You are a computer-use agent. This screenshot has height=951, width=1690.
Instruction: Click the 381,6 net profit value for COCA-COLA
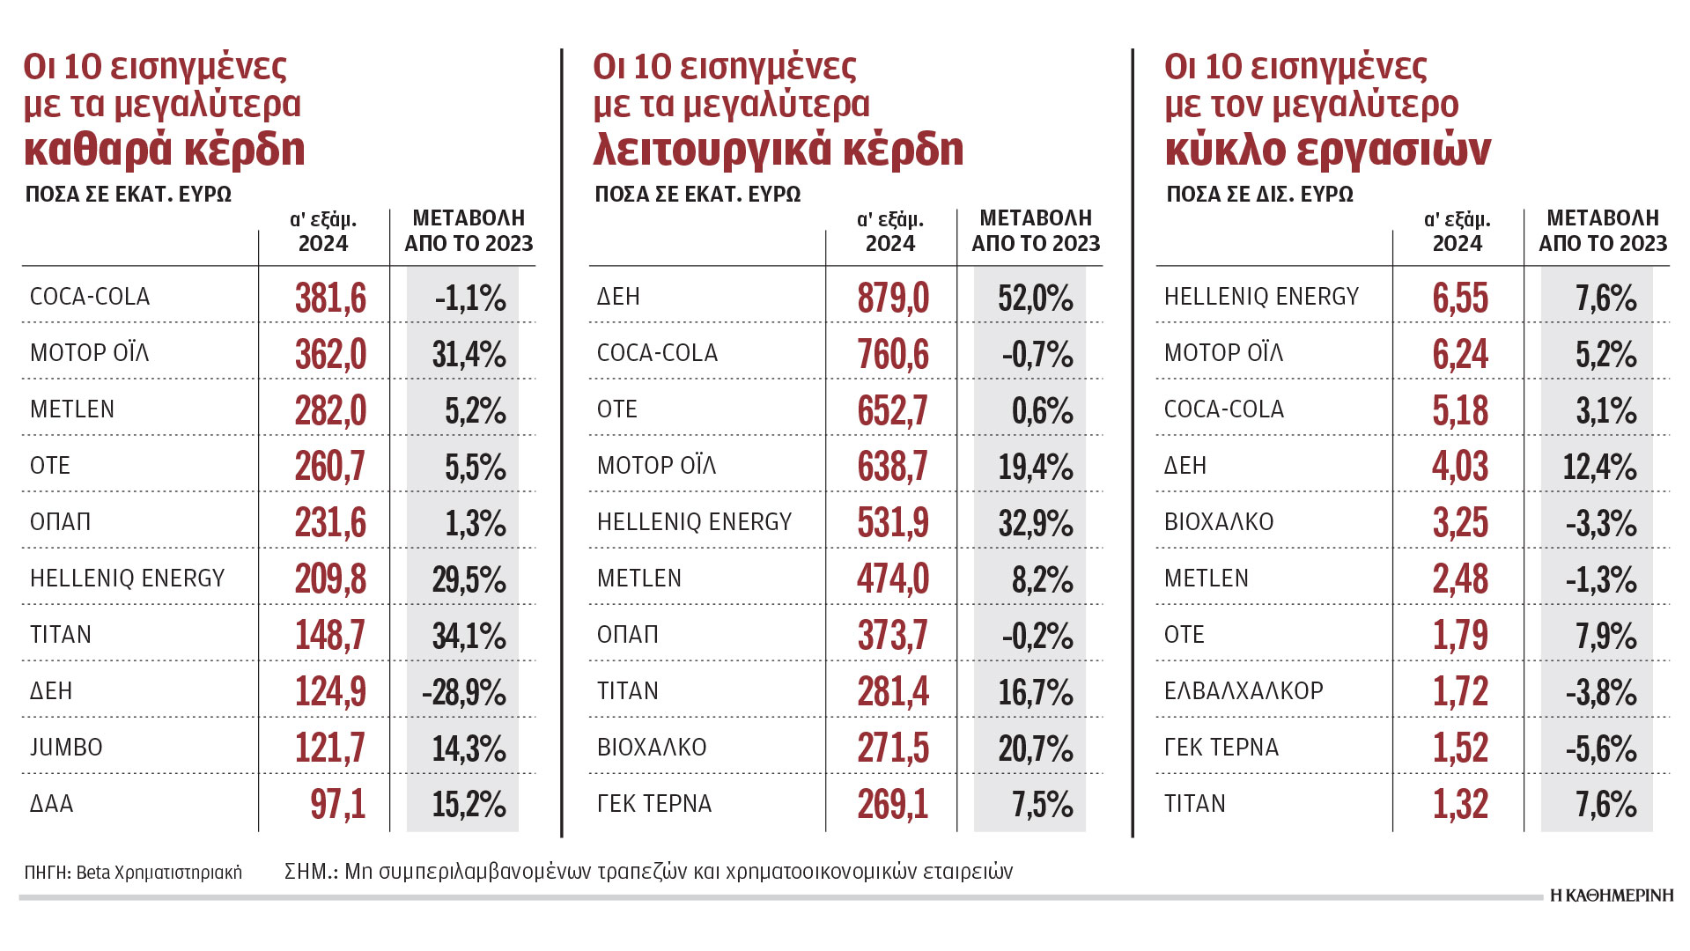[330, 298]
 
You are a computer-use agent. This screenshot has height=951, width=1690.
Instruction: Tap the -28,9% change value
[464, 692]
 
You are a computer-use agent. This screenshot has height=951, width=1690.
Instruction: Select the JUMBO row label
[66, 748]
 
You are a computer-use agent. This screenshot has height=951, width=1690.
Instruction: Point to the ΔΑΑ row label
[52, 804]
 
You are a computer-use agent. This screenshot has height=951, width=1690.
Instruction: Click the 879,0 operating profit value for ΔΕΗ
[893, 298]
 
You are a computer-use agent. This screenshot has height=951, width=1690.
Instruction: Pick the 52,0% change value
[1035, 298]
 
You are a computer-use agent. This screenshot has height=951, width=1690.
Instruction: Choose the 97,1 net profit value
[337, 804]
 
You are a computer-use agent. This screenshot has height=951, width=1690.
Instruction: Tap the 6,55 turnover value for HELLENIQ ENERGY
[1460, 298]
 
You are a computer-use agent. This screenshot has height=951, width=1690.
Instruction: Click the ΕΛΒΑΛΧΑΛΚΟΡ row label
[1244, 691]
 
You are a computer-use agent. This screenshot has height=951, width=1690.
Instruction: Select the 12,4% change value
[1599, 467]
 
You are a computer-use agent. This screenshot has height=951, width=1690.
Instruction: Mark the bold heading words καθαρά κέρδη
[165, 150]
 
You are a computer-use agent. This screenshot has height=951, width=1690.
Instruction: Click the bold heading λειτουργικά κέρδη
[779, 150]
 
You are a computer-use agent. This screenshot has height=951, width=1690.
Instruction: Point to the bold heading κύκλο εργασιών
[1327, 150]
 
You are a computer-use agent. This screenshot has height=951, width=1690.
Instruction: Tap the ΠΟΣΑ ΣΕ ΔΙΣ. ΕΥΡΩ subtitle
[1259, 195]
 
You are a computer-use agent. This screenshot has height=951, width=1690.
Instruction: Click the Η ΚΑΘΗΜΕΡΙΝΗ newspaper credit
[1611, 896]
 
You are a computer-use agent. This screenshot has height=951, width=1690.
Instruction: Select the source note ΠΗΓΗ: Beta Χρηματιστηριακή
[133, 873]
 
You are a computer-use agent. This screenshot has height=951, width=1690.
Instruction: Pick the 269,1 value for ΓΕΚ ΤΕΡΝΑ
[893, 804]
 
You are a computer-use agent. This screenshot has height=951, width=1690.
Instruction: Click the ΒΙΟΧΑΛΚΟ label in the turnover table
[1219, 522]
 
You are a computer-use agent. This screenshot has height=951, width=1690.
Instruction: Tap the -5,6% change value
[1601, 748]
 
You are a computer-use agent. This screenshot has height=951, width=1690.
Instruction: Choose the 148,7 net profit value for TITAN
[330, 636]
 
